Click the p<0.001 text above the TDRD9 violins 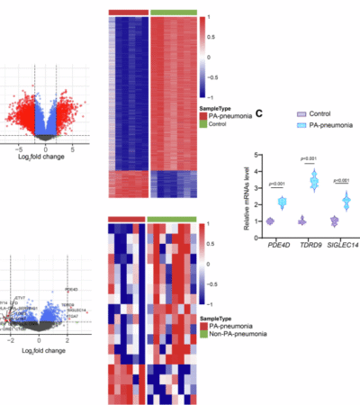pos(308,159)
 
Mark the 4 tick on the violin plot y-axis pos(254,171)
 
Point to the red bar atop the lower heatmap pos(125,218)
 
